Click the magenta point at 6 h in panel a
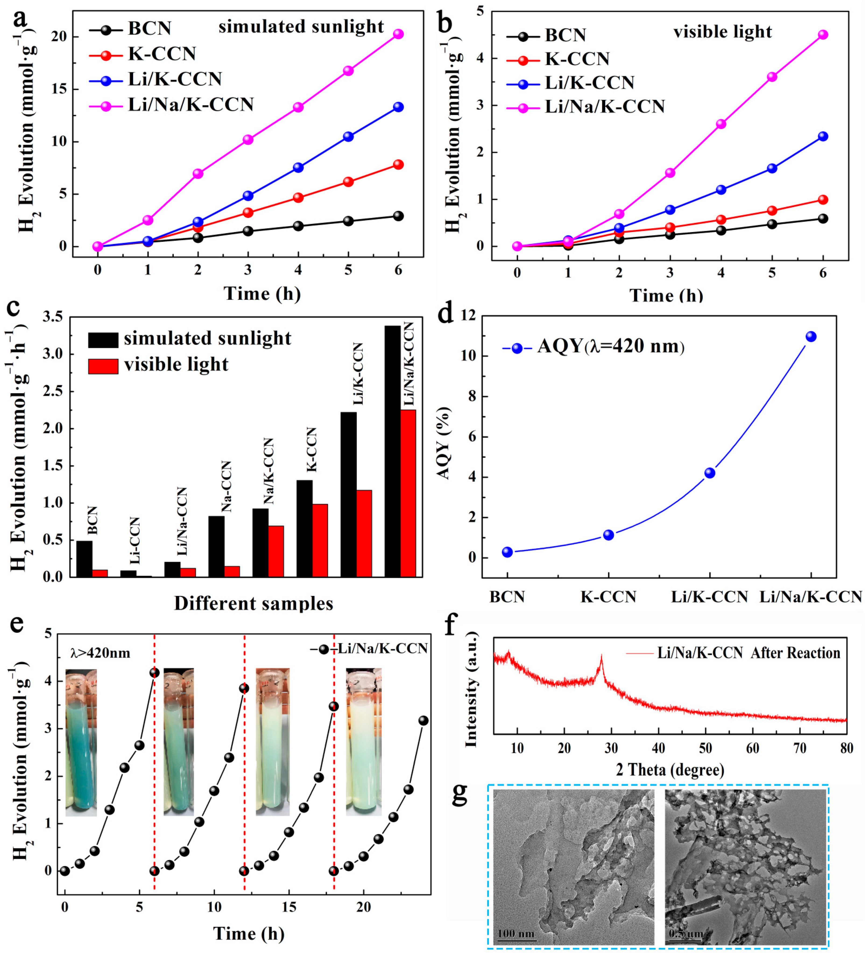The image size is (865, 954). [399, 34]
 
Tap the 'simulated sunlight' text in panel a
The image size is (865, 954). [301, 27]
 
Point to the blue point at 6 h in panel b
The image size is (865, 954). [823, 136]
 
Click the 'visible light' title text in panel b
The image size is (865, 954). [722, 32]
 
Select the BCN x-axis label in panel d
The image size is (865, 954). [507, 597]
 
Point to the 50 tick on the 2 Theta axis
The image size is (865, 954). [706, 748]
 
